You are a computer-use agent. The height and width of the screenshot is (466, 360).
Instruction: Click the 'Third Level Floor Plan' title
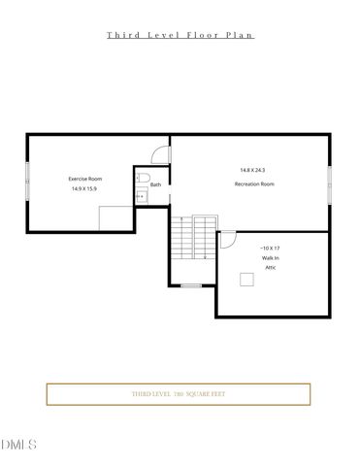coord(180,35)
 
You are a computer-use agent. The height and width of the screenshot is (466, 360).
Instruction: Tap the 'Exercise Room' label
coord(84,179)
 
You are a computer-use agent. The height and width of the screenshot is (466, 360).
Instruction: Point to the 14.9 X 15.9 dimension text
coord(84,189)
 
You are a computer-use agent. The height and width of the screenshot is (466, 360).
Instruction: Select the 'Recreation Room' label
coord(254,183)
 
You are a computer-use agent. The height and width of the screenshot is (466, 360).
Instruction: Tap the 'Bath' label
coord(155,184)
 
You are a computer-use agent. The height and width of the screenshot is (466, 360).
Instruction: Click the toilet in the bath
coord(141,177)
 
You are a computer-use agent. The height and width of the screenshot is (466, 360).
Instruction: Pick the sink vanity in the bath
coord(140,195)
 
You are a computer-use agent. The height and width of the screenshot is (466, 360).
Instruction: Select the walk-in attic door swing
coord(227,239)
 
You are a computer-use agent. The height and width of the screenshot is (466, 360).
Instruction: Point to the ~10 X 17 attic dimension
coord(270,249)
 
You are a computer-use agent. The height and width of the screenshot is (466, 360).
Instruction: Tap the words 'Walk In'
coord(269,258)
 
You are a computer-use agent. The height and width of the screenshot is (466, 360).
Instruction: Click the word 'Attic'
coord(271,268)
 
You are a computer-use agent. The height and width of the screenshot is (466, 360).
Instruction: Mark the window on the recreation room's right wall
coord(330,183)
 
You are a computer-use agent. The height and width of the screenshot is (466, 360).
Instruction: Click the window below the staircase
coord(191,285)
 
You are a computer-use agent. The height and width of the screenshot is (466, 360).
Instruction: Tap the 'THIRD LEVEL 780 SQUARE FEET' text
coord(179,394)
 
